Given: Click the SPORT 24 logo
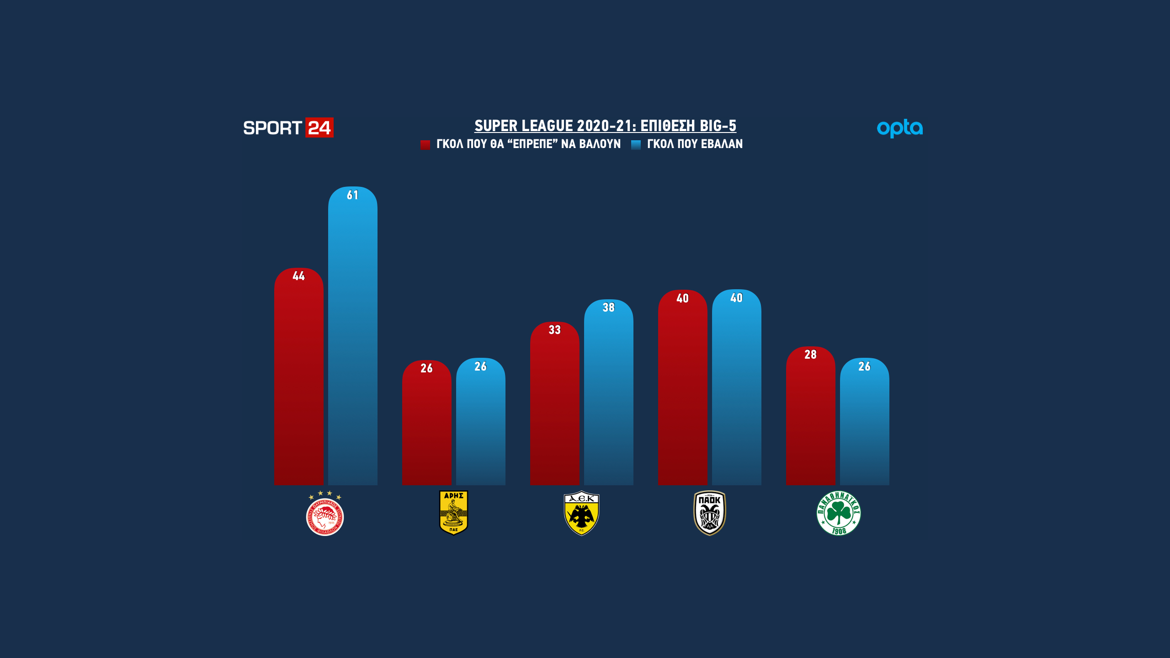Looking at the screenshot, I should pos(288,128).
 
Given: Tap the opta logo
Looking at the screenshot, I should pos(899,128).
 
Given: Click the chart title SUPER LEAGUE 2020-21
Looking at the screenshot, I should pos(605,126).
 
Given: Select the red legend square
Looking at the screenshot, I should pos(425,145).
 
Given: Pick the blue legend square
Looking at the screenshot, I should pos(636,145).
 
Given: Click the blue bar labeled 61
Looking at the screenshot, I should pos(352,338).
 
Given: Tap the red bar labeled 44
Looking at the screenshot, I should pos(298,379).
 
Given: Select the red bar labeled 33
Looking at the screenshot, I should pos(554,407).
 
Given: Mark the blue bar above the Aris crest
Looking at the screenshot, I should pos(480,423).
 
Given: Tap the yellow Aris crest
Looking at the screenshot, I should pos(453,513).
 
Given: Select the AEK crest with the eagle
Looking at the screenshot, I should pos(581,513).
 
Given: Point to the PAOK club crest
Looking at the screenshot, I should pos(710,513).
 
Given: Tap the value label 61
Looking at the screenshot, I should pos(352,195).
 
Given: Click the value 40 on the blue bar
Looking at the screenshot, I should pos(736,298).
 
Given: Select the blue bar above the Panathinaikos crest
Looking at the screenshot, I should pos(864,423).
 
